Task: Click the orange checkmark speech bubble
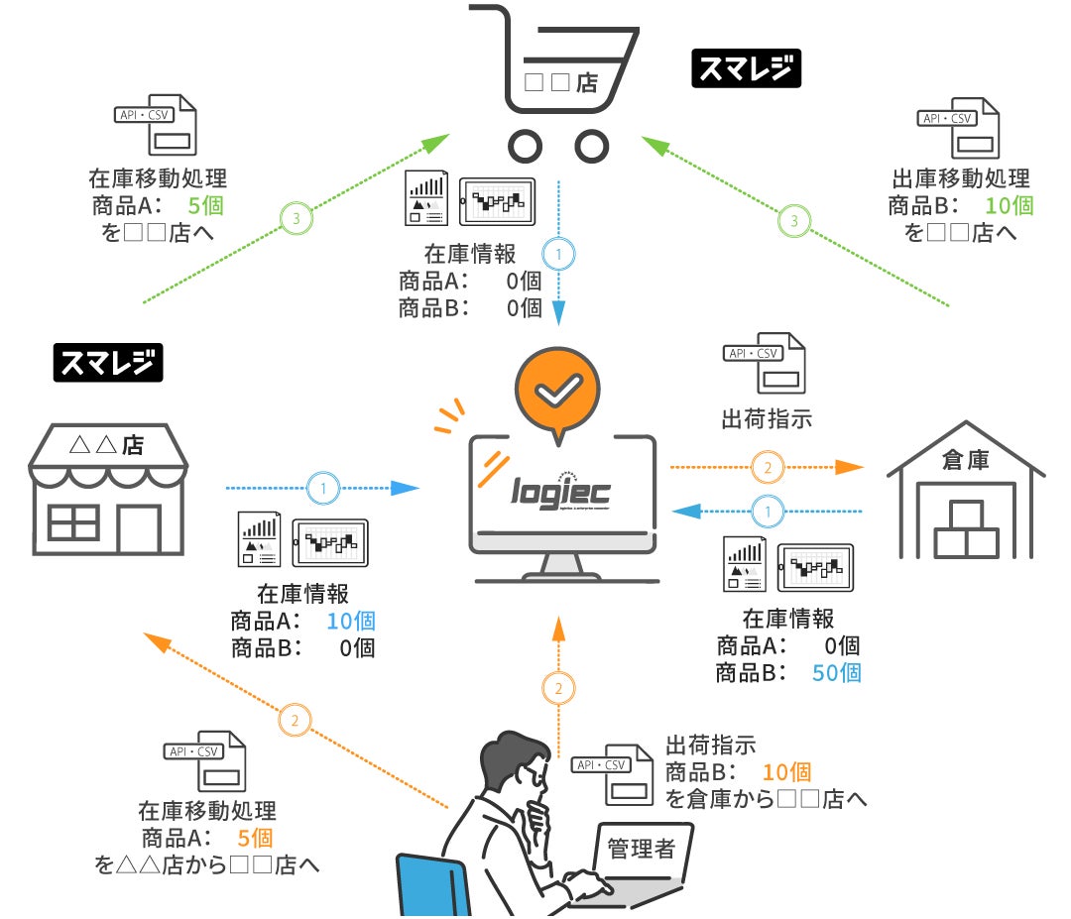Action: tap(558, 389)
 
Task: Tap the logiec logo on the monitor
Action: tap(561, 490)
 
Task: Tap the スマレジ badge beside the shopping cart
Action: tap(746, 69)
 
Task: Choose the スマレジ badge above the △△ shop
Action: tap(107, 364)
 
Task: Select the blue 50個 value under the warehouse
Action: tap(836, 672)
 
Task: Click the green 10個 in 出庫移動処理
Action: tap(1010, 205)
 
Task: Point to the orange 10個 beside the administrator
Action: tap(787, 771)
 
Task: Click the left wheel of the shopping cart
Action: tap(525, 146)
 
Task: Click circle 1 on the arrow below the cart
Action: tap(558, 256)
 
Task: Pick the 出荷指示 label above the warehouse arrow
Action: tap(767, 417)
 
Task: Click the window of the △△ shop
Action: tap(73, 522)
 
